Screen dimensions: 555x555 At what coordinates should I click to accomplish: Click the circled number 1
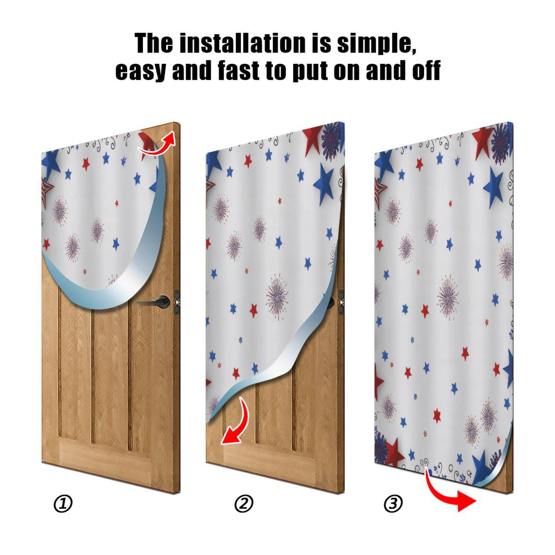point(63,504)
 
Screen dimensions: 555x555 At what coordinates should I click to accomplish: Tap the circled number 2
point(244,504)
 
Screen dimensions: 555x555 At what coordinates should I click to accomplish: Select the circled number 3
point(393,504)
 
